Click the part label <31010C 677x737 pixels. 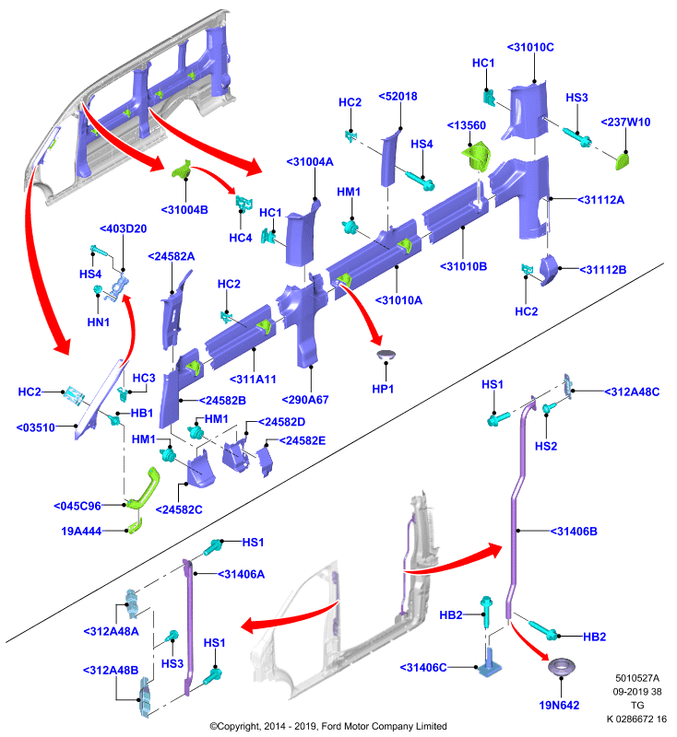(x=530, y=48)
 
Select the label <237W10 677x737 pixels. (x=625, y=123)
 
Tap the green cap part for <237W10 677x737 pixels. (x=623, y=160)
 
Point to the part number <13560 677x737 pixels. (x=466, y=125)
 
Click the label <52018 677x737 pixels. (x=398, y=97)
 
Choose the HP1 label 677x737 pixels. (x=383, y=389)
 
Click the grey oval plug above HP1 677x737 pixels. (x=386, y=355)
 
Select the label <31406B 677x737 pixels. (x=574, y=532)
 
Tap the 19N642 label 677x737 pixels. (x=559, y=705)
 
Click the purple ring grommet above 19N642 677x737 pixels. (x=562, y=666)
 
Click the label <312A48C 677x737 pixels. (x=632, y=392)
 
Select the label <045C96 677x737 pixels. (x=77, y=506)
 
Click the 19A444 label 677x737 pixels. (x=81, y=532)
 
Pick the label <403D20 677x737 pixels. (x=124, y=228)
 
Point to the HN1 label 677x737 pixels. (x=99, y=322)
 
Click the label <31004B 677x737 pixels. (x=184, y=210)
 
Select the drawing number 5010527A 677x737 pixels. (x=637, y=678)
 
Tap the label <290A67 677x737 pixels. (x=305, y=400)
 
